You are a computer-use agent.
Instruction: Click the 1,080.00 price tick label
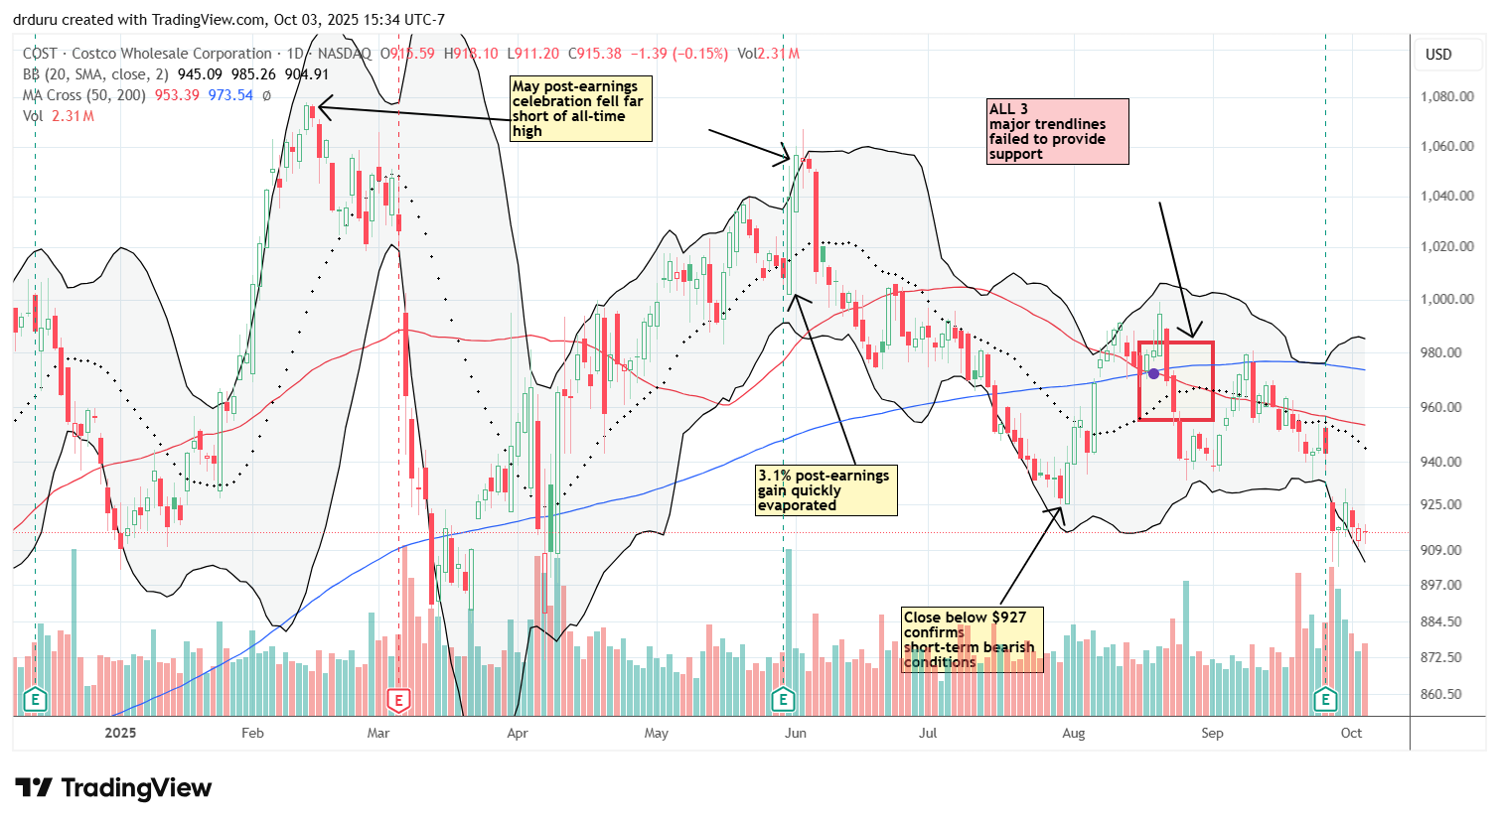click(1445, 97)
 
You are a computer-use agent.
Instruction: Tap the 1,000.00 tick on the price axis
click(1445, 299)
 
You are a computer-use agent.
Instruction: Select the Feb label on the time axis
click(252, 734)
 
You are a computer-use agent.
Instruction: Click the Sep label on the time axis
click(1212, 734)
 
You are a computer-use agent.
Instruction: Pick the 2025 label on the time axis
click(120, 734)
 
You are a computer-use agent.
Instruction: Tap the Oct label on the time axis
click(1351, 734)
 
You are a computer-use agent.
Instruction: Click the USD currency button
click(1438, 55)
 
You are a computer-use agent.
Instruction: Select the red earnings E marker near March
click(398, 701)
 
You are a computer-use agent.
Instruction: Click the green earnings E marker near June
click(783, 701)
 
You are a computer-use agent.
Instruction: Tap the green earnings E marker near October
click(1325, 701)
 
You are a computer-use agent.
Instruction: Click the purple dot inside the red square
click(1153, 373)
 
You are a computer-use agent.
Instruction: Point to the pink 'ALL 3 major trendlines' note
click(1057, 131)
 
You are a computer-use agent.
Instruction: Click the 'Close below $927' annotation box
click(972, 640)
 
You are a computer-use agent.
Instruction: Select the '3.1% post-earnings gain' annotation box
click(825, 490)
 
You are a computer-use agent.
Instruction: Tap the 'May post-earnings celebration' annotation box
click(580, 108)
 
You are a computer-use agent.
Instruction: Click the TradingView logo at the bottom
click(113, 788)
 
